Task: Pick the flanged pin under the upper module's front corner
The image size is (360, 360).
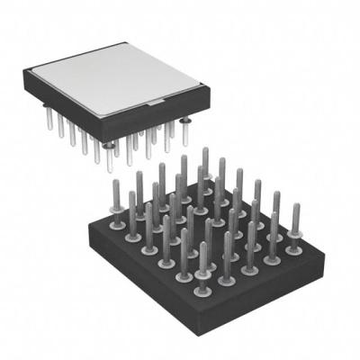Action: [110, 144]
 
